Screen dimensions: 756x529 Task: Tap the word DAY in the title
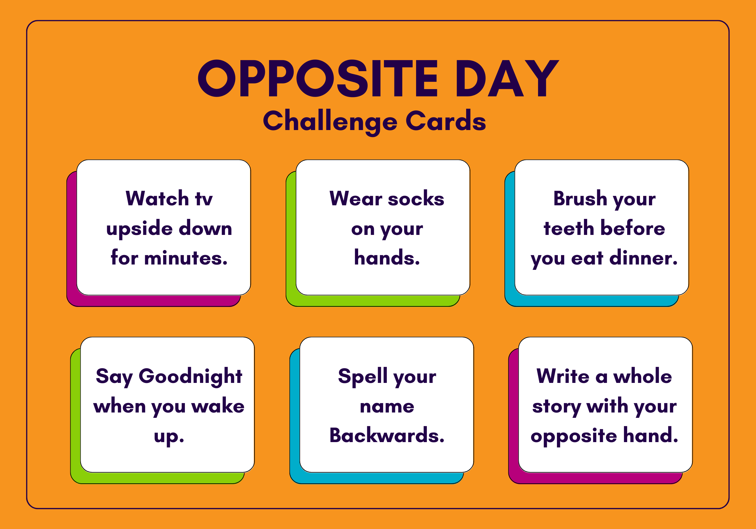tap(507, 78)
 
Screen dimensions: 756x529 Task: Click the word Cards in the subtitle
tap(446, 121)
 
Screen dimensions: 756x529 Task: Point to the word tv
tap(204, 199)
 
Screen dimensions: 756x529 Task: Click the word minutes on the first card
tap(186, 258)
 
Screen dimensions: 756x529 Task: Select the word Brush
tap(580, 198)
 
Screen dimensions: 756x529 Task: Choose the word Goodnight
tap(190, 377)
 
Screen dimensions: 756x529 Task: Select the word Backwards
tap(387, 435)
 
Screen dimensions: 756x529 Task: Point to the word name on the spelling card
tap(387, 407)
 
